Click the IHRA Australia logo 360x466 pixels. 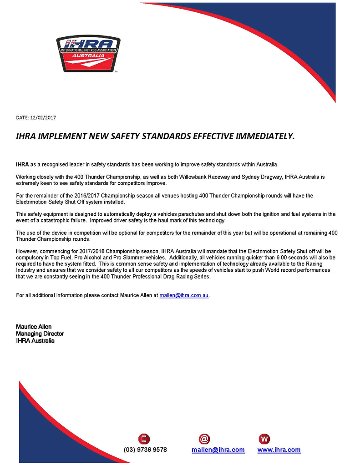[88, 54]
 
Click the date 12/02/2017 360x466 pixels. [43, 118]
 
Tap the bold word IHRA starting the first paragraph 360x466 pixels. [22, 164]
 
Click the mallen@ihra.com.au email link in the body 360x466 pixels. [184, 295]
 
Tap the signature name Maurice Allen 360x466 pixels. [34, 327]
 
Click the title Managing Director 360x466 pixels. [40, 334]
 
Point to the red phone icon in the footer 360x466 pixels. [144, 439]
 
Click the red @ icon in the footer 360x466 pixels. [204, 439]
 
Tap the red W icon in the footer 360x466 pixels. [264, 439]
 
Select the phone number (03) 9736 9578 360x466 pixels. [145, 450]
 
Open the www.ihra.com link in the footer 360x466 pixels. [279, 450]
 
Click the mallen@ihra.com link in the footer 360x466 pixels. [218, 450]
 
